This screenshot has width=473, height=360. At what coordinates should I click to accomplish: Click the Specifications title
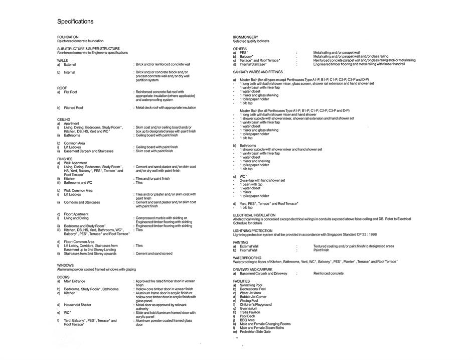pos(75,22)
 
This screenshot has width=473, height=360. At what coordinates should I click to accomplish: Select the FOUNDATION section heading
pos(68,37)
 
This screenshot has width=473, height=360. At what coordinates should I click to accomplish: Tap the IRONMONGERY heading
pos(246,37)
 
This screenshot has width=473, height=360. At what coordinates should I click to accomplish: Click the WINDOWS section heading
pos(65,265)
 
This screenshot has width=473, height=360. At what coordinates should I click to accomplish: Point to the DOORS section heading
pos(63,277)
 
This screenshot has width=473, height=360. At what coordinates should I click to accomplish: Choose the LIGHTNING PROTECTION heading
pos(253,230)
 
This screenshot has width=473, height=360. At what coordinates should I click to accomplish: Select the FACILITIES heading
pos(241,281)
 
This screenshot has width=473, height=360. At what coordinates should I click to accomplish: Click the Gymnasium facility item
pos(249,308)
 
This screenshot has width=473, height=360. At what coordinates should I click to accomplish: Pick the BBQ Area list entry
pos(247,320)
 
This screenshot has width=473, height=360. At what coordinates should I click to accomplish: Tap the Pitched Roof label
pos(73,107)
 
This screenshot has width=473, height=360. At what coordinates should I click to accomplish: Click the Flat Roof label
pos(71,92)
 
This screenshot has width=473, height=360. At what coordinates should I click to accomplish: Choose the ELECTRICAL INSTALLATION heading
pos(254,215)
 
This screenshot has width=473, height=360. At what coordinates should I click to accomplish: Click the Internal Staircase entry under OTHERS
pos(253,64)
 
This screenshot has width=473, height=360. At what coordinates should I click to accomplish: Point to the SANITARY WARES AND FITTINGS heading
pos(258,72)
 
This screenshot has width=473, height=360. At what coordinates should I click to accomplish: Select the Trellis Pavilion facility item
pos(250,312)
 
